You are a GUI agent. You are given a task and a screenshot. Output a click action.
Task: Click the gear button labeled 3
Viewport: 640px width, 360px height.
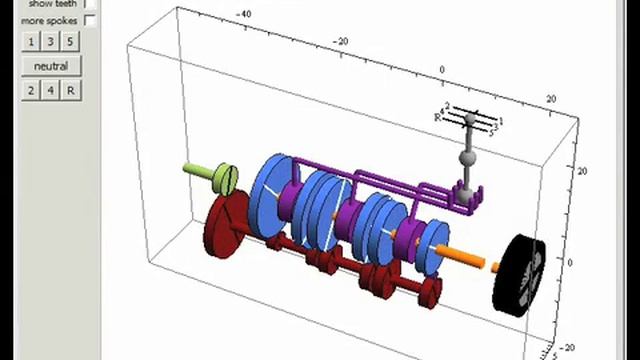pos(50,41)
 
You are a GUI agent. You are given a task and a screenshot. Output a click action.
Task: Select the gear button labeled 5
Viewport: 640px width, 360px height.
pos(70,41)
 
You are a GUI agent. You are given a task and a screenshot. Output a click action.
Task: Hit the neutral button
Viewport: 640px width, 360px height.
pos(50,66)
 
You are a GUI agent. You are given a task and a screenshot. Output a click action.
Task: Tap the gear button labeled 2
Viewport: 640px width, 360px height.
pos(31,90)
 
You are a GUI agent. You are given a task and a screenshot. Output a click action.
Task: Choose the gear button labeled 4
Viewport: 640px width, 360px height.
pos(50,90)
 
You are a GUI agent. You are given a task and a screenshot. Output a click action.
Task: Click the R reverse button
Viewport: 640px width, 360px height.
pos(70,90)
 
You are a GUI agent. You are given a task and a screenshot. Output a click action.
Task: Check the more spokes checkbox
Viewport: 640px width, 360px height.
pos(90,20)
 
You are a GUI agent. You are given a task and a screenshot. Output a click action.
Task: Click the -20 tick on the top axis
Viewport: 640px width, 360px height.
pos(341,41)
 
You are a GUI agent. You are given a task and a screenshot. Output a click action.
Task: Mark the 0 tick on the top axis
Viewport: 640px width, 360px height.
pos(442,70)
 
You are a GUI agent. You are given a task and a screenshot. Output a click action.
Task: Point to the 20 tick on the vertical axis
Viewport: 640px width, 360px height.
pos(581,171)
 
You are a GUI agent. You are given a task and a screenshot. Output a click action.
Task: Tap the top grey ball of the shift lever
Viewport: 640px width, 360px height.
pos(471,122)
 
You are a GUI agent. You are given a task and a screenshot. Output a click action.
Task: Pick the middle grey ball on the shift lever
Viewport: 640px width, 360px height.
pos(467,157)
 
